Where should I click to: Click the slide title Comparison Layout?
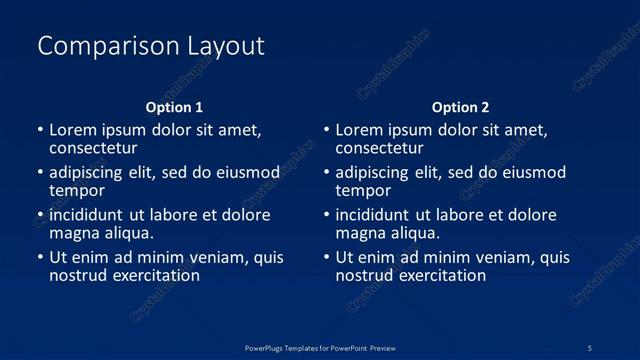pos(151,46)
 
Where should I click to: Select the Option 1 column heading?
pos(174,107)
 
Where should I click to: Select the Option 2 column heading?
pos(460,107)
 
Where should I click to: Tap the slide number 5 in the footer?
pos(590,347)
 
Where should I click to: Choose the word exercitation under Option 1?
pos(153,275)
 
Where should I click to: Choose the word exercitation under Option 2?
pos(439,275)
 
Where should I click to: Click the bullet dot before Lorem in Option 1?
pos(40,131)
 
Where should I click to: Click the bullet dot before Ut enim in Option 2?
pos(326,257)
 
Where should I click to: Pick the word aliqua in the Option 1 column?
pos(130,233)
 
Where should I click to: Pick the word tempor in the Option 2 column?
pos(363,190)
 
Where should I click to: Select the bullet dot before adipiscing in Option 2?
pos(326,173)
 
